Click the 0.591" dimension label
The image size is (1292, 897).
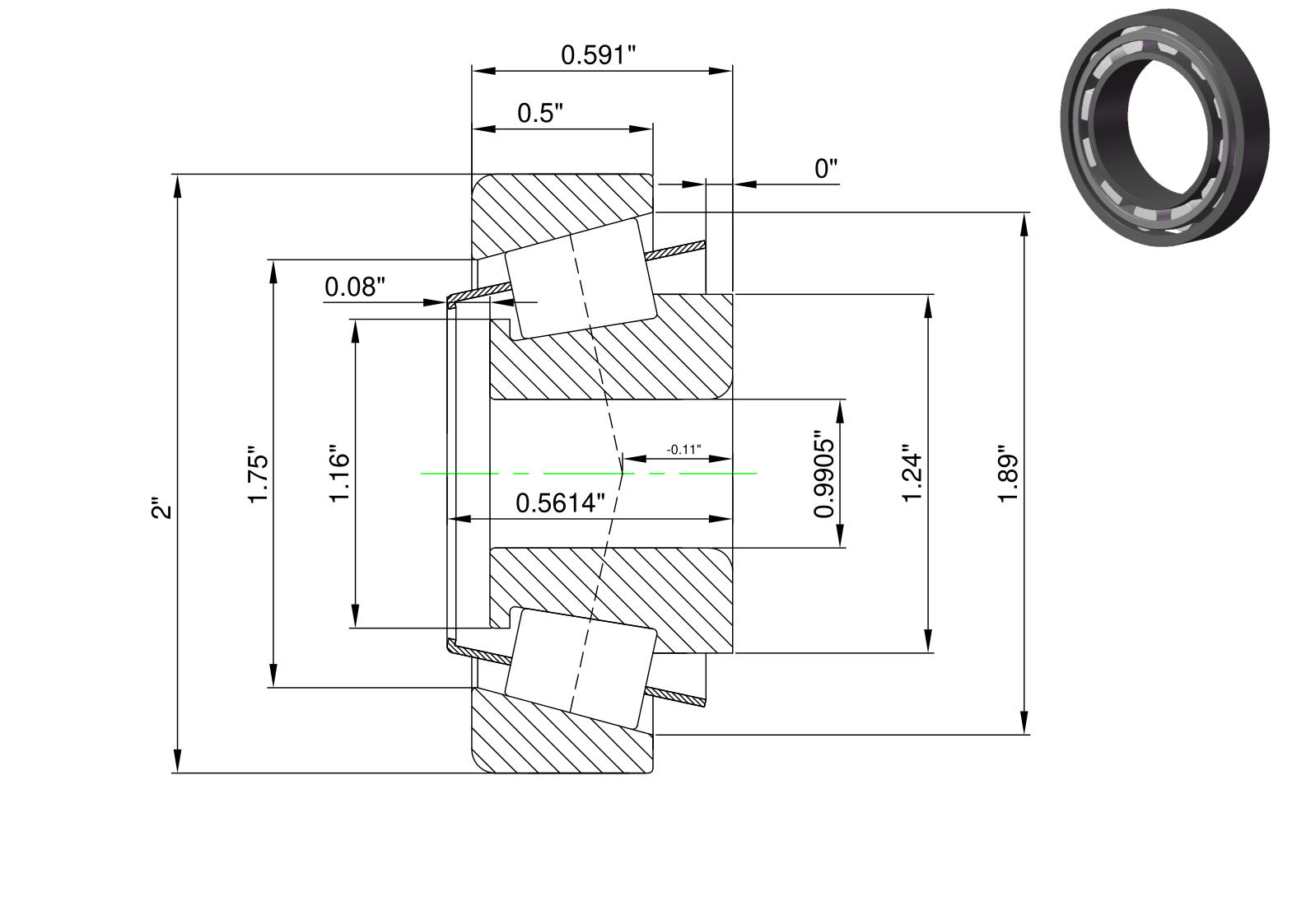[x=598, y=55]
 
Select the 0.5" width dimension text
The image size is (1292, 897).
[x=540, y=113]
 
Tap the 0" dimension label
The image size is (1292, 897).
[x=826, y=168]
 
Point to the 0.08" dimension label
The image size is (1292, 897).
[x=355, y=287]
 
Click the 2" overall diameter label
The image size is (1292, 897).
[x=162, y=507]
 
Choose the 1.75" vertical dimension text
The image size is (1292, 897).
[x=259, y=474]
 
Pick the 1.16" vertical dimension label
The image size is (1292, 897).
[x=340, y=474]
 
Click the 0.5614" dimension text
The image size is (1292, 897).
[x=560, y=503]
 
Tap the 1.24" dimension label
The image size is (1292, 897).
[x=912, y=474]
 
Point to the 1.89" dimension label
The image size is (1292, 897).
[x=1009, y=474]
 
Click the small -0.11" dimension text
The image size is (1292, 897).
[x=683, y=450]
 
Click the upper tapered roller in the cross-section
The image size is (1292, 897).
[x=581, y=278]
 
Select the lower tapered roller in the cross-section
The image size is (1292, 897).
[x=581, y=669]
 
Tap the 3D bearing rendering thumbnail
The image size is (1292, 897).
[x=1164, y=127]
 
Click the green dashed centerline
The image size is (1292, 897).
[x=589, y=474]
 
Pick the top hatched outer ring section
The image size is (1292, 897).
[x=562, y=217]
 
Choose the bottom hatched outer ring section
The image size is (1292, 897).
[x=562, y=731]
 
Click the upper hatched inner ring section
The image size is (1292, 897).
[x=611, y=346]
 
